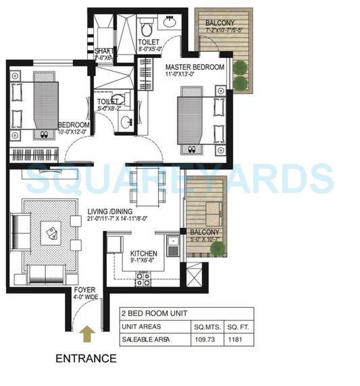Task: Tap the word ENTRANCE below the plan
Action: (x=85, y=358)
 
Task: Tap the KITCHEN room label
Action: (x=144, y=254)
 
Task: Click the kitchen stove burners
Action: (x=144, y=277)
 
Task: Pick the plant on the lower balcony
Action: (x=217, y=249)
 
